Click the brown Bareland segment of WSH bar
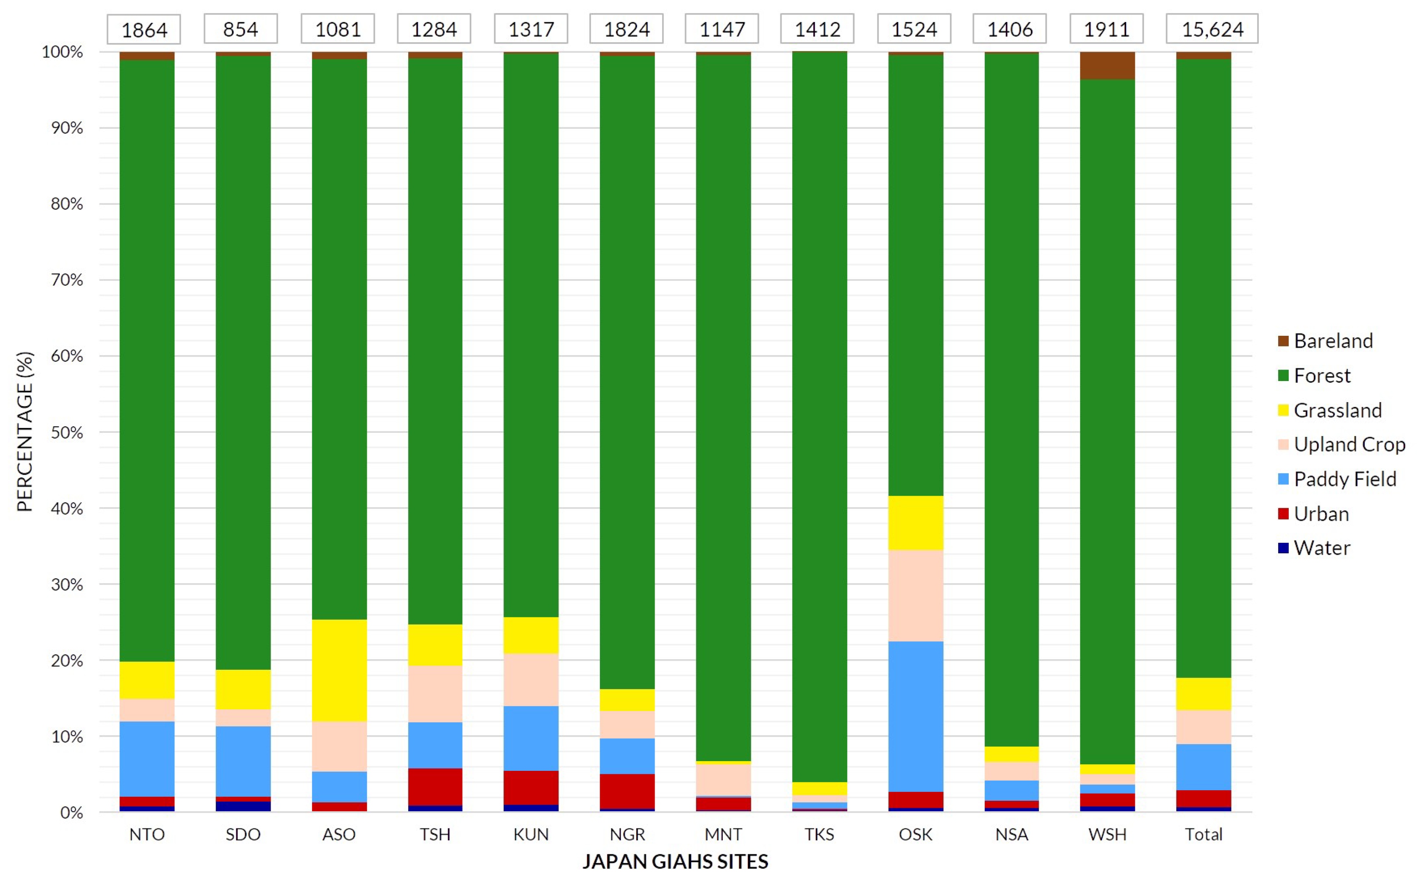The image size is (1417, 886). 1107,65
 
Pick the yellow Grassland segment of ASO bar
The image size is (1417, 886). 339,670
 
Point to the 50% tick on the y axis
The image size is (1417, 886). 66,432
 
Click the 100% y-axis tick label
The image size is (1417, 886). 62,52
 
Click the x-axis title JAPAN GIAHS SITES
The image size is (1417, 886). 675,861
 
